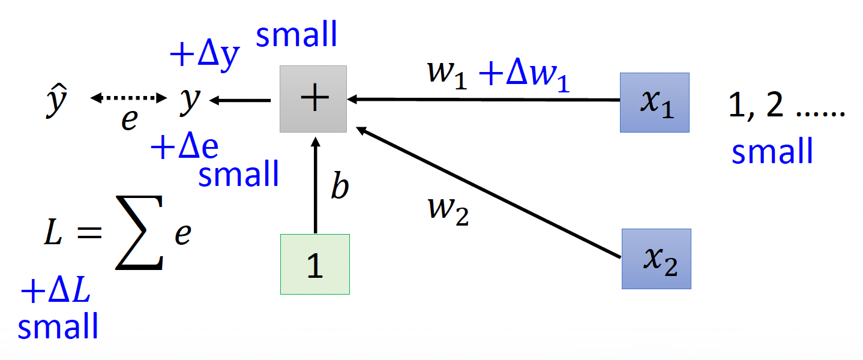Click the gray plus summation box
(313, 98)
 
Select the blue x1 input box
(654, 102)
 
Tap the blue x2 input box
(656, 259)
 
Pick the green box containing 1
(314, 264)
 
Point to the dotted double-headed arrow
(128, 98)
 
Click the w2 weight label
(447, 211)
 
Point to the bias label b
(340, 188)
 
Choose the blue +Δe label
(185, 146)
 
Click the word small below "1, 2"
(772, 151)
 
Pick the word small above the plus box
(296, 35)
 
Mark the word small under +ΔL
(58, 327)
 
